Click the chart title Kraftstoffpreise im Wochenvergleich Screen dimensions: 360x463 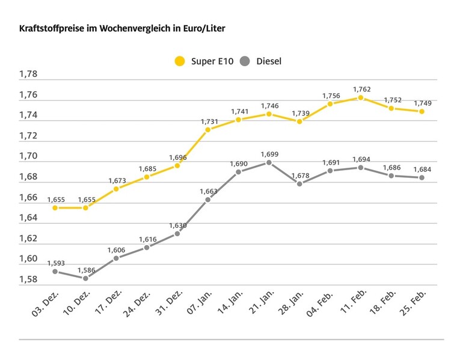tap(123, 28)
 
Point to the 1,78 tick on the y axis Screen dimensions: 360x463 tap(28, 75)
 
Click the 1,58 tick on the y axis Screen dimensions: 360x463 tap(28, 279)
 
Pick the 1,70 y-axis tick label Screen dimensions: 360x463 tap(28, 156)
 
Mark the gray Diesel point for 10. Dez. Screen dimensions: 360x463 tap(85, 278)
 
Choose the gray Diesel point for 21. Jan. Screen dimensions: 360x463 tap(269, 162)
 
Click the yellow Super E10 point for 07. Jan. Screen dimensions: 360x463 tap(207, 129)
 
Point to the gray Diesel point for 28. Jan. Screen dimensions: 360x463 tap(299, 184)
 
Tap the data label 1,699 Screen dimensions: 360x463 tap(269, 154)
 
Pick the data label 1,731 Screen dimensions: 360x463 tap(207, 121)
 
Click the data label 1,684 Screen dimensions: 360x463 tap(422, 169)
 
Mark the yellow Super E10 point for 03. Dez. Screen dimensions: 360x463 tap(55, 207)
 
